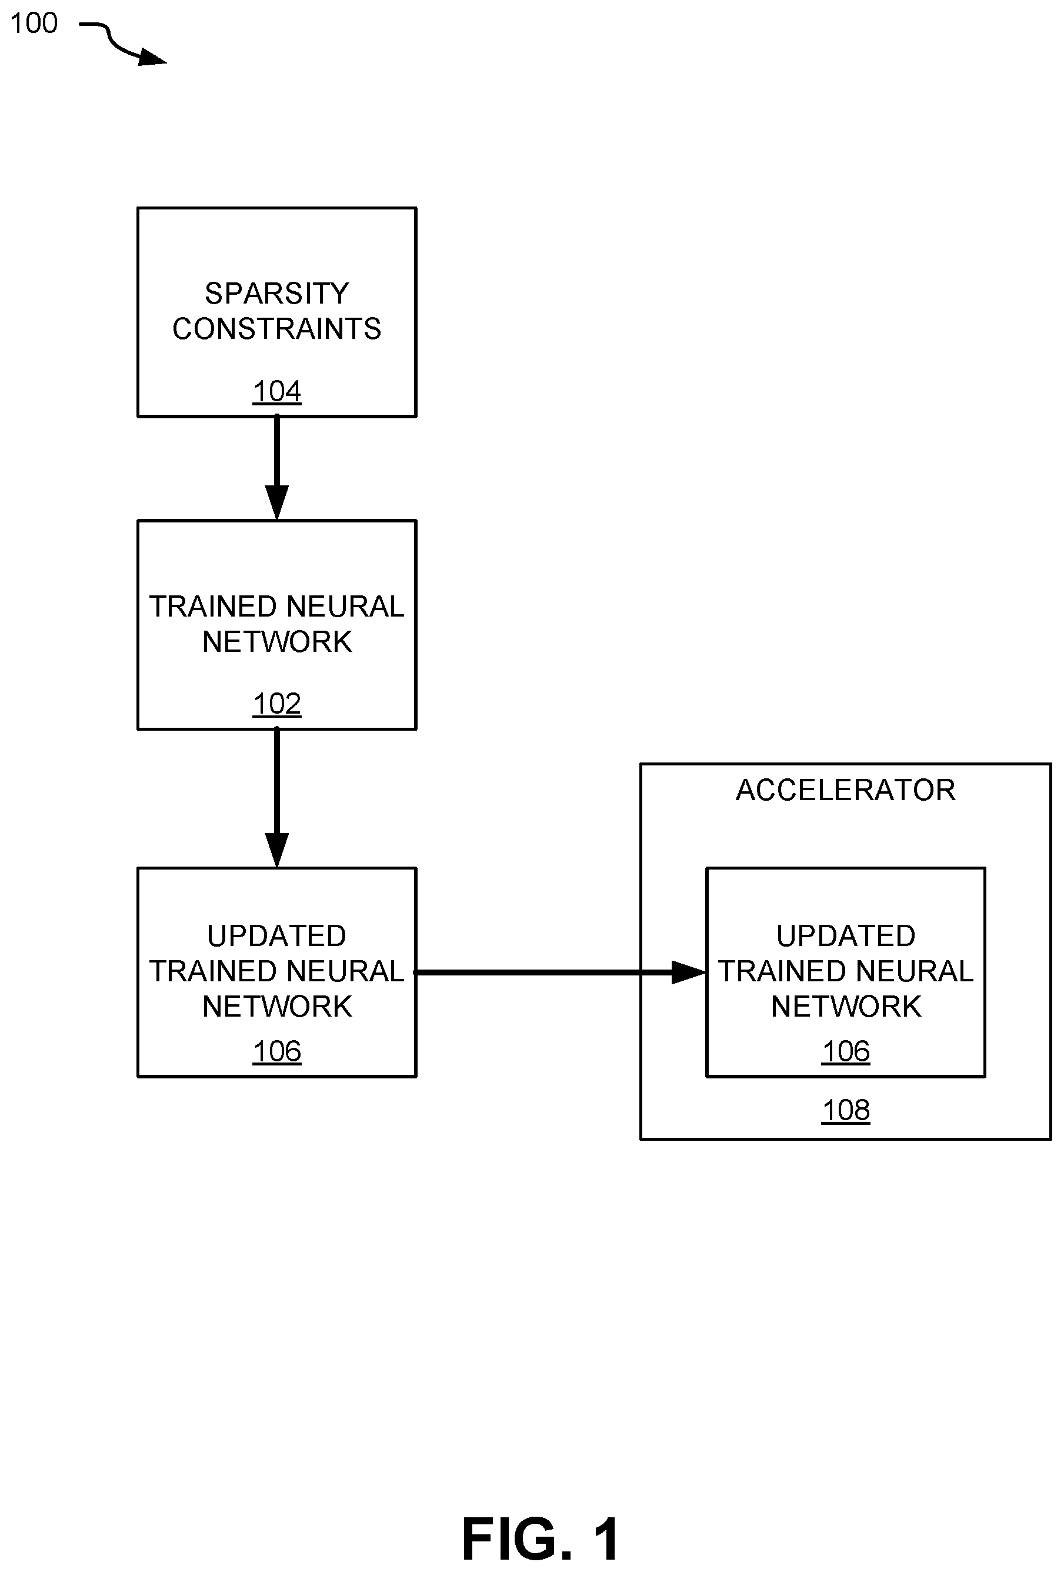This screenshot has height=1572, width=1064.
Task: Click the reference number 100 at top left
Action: (34, 24)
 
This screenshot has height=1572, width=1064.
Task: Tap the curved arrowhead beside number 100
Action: (152, 58)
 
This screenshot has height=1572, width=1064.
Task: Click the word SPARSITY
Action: (276, 294)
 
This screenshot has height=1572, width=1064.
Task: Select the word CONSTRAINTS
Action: (276, 329)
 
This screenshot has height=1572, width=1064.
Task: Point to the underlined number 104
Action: (276, 391)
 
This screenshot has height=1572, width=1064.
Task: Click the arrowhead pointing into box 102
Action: (276, 502)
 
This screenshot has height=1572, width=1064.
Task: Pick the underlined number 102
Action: (276, 704)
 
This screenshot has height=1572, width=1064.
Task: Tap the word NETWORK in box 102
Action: (276, 641)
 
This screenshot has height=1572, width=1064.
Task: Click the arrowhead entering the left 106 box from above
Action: (276, 850)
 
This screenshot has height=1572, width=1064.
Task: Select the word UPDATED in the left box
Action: (276, 936)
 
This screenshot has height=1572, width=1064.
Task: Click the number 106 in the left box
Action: (276, 1051)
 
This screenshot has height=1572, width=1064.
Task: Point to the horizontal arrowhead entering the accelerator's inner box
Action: (689, 972)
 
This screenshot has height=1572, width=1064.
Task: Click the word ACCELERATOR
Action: (846, 790)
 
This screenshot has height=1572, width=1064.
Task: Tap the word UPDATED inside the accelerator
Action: (846, 936)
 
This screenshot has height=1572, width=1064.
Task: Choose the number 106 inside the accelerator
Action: (846, 1051)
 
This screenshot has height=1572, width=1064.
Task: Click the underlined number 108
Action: (846, 1110)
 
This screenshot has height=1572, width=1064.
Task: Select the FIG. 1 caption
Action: (540, 1538)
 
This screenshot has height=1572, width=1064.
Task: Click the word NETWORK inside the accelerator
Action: (846, 1007)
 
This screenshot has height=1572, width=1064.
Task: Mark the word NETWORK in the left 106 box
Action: (276, 1007)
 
